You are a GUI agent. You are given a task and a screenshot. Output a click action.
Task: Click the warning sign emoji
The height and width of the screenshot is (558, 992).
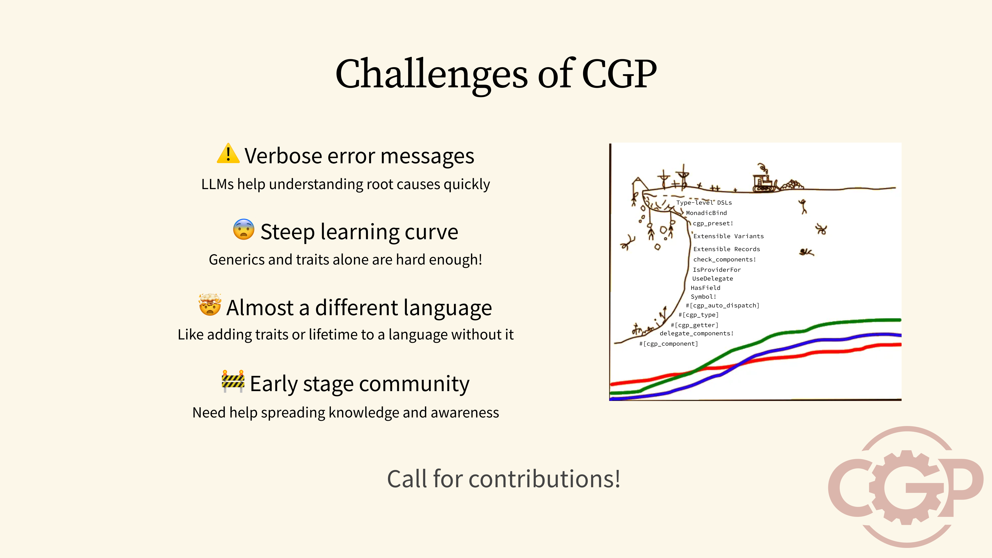[228, 154]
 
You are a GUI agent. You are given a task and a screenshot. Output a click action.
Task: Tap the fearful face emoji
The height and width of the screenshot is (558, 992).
[243, 229]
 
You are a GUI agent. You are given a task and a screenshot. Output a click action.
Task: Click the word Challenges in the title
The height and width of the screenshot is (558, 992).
[431, 74]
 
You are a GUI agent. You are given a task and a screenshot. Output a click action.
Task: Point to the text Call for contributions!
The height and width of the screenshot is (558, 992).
[503, 479]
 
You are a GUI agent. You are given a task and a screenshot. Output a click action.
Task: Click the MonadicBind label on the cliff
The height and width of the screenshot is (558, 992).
[706, 213]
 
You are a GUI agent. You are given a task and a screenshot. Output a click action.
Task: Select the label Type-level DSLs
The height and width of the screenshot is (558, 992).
[704, 203]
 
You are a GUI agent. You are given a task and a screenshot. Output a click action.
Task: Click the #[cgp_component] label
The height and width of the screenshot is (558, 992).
[669, 344]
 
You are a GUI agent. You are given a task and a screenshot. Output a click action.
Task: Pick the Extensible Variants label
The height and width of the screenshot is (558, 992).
[728, 236]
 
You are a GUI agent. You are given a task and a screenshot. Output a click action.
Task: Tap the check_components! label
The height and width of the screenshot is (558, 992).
[725, 260]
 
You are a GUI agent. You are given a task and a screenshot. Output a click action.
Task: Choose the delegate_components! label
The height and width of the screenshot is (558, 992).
[696, 334]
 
